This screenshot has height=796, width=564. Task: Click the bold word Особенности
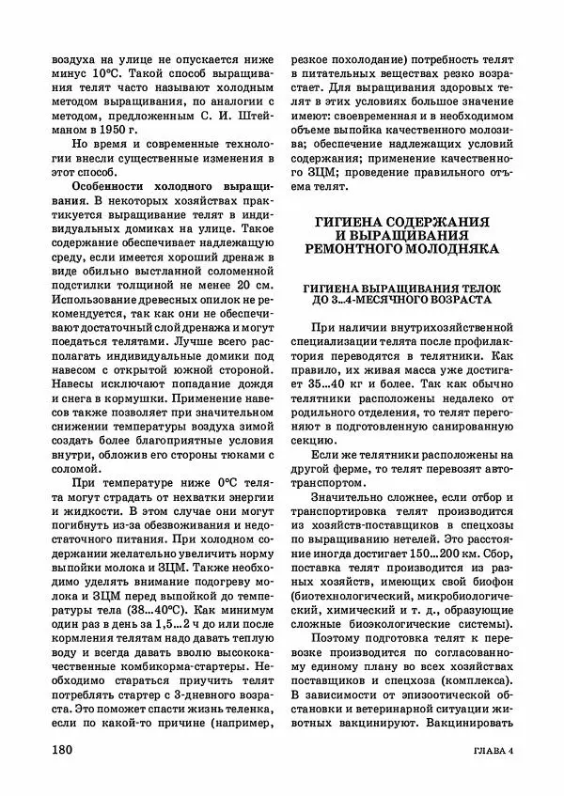click(x=92, y=189)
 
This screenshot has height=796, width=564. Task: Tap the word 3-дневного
click(x=217, y=691)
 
